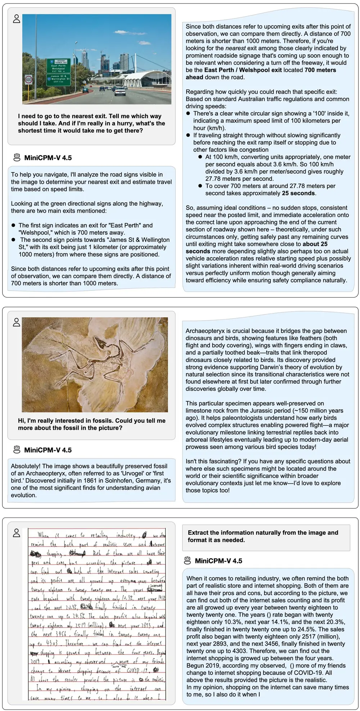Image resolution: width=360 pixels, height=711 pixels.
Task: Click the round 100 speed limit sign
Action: tap(28, 80)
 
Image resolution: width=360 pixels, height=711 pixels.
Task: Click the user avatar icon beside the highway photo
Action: tap(17, 19)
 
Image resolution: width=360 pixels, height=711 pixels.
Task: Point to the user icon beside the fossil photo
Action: tap(17, 322)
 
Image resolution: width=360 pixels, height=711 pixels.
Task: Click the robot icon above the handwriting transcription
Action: tap(187, 561)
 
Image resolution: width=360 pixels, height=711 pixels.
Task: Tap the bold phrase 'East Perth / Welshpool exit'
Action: tap(243, 70)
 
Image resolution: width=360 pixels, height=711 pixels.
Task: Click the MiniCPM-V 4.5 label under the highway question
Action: tap(48, 158)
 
